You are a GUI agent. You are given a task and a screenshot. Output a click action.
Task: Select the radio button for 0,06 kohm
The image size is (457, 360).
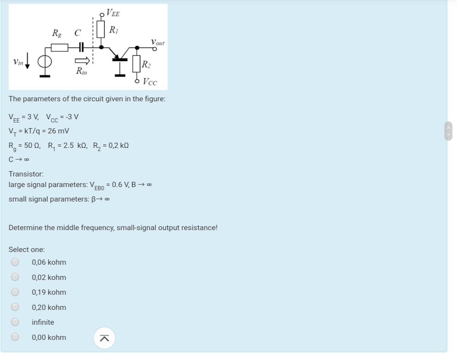(x=15, y=262)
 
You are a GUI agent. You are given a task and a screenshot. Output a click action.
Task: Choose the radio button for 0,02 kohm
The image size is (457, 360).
(x=15, y=277)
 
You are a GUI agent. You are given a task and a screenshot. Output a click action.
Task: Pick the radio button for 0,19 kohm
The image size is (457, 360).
(x=15, y=292)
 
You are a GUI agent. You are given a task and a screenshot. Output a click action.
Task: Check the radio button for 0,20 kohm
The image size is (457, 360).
(x=15, y=307)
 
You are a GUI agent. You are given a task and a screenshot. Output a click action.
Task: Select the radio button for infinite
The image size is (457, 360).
(x=15, y=322)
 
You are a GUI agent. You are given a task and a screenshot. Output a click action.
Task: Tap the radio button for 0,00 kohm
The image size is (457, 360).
(x=15, y=337)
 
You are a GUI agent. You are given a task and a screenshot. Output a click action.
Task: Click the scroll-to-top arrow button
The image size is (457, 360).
(x=104, y=338)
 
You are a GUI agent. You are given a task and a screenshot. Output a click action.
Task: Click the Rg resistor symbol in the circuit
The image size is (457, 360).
(x=59, y=47)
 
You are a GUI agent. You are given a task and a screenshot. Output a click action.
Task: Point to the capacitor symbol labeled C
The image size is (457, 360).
(x=81, y=47)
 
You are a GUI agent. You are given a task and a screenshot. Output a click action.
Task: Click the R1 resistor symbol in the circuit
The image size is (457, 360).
(x=101, y=29)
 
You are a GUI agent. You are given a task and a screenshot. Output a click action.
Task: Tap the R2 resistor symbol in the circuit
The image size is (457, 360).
(x=137, y=64)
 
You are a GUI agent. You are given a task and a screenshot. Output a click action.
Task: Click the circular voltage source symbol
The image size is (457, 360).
(x=45, y=62)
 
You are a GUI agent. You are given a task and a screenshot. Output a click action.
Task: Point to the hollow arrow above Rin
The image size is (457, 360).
(x=82, y=61)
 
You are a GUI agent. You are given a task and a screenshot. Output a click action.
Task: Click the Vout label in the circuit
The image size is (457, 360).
(x=158, y=42)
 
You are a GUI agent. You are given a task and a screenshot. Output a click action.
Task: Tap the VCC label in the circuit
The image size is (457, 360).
(x=150, y=82)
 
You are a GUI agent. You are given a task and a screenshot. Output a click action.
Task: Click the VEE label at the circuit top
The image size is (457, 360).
(x=113, y=13)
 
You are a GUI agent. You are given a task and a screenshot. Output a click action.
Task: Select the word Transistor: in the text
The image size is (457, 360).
(x=26, y=174)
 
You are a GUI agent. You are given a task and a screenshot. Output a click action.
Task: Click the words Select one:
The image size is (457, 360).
(x=27, y=250)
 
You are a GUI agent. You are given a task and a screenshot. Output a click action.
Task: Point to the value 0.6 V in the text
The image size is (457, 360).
(x=120, y=185)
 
